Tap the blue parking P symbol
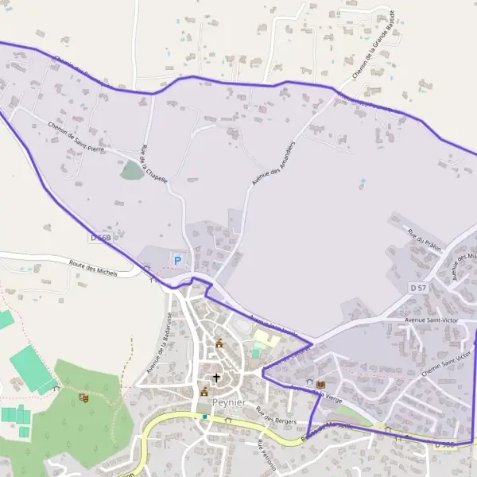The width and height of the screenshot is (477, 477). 177,260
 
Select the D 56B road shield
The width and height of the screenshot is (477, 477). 99,238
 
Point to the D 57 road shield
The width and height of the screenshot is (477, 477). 419,286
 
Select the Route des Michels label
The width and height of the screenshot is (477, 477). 93,270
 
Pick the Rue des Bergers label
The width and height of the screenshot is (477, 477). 276,413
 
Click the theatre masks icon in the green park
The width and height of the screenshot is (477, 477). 83,398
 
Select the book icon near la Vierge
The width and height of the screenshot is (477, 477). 320,385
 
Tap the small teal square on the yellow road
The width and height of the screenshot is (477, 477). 204,416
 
